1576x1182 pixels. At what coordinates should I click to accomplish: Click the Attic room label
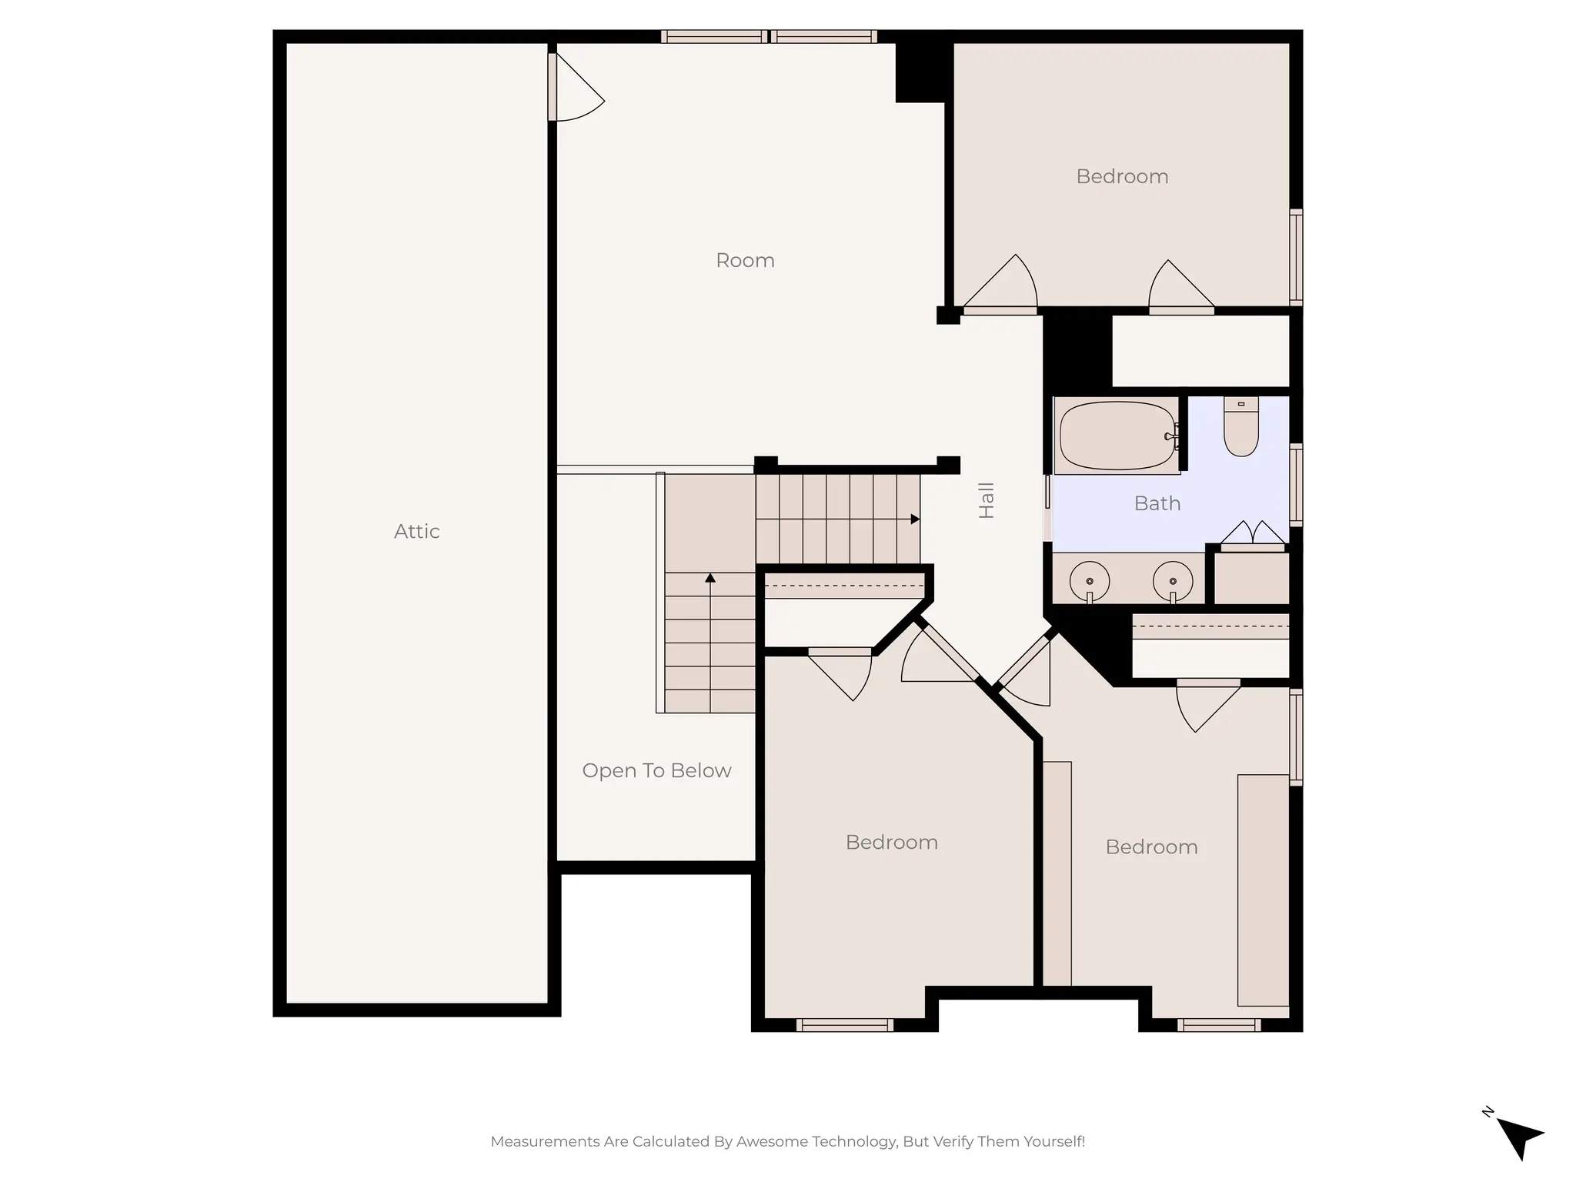click(x=416, y=531)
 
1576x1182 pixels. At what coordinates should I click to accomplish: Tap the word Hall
click(x=987, y=500)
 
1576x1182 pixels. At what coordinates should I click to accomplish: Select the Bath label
click(x=1157, y=503)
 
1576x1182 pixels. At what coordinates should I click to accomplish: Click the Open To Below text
click(x=656, y=770)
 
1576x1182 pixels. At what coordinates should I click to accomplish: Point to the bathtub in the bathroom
click(x=1117, y=436)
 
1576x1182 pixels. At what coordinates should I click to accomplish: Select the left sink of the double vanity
click(x=1090, y=581)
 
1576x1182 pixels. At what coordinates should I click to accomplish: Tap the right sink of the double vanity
click(x=1173, y=581)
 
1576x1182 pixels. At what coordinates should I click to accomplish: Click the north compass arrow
click(x=1518, y=1137)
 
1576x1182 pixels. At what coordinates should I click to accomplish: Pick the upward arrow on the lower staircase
click(x=710, y=578)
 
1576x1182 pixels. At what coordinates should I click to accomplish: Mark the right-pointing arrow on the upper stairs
click(x=915, y=519)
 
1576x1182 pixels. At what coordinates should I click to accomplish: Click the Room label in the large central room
click(x=745, y=260)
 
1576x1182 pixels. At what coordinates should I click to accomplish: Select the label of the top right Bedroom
click(x=1122, y=176)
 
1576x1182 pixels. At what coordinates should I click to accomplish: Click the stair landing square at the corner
click(x=710, y=523)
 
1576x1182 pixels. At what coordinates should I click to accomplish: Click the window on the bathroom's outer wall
click(x=1296, y=486)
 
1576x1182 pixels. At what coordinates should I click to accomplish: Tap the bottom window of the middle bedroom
click(x=845, y=1025)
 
